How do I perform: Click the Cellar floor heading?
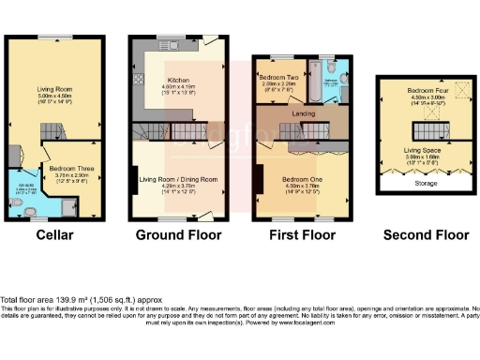(x=53, y=233)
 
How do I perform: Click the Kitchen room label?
(x=178, y=80)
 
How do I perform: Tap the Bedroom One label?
(x=300, y=178)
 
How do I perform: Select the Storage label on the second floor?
(x=426, y=185)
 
